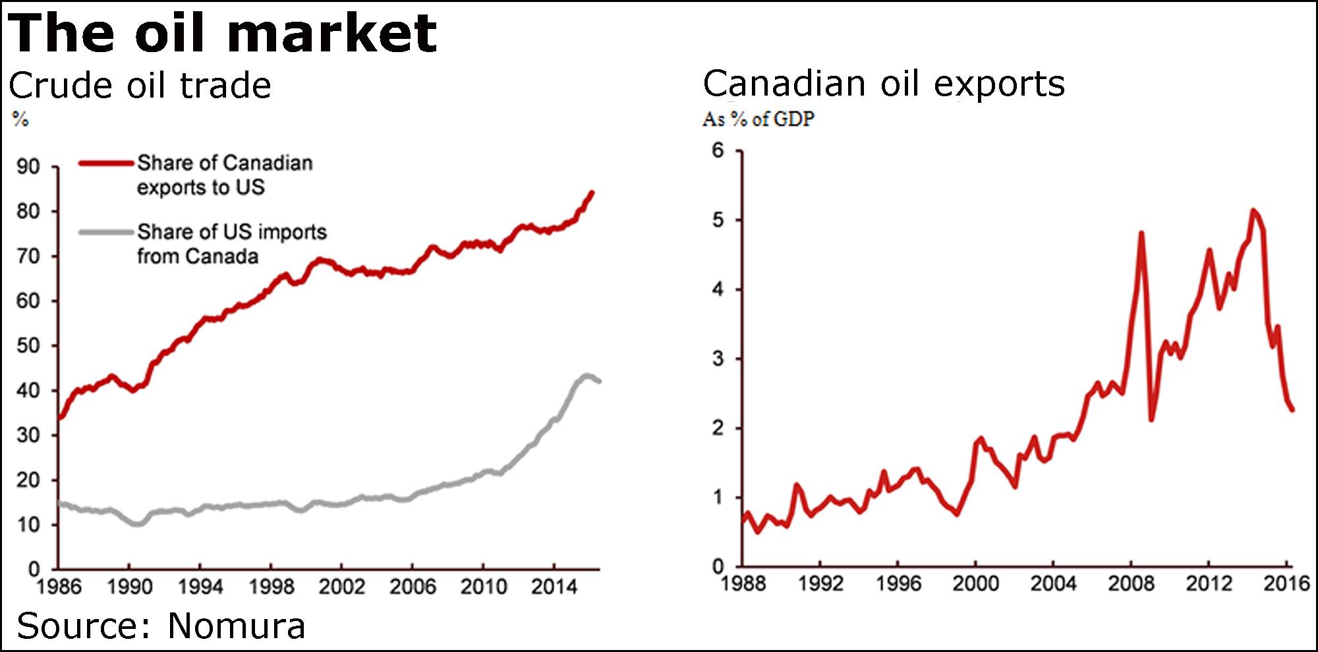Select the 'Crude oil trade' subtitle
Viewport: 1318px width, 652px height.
point(140,86)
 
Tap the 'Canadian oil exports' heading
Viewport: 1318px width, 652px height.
point(884,84)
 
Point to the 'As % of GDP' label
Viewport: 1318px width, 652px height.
point(758,119)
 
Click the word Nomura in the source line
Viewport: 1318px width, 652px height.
point(237,626)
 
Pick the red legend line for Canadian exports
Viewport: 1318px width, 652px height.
point(105,163)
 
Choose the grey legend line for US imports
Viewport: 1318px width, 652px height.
point(105,232)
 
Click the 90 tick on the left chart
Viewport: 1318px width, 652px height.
point(28,167)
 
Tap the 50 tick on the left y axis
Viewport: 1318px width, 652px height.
point(28,346)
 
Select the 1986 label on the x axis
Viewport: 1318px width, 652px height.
point(58,587)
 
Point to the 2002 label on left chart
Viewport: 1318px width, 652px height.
point(341,587)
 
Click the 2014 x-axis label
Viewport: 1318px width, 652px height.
point(554,587)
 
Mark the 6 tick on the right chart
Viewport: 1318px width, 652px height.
point(718,151)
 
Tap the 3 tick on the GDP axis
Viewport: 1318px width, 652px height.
point(718,359)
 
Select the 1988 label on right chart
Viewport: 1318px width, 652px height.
point(743,583)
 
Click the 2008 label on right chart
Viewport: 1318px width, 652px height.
point(1131,583)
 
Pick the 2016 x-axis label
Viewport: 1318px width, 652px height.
point(1286,583)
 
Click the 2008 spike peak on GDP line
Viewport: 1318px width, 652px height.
point(1141,233)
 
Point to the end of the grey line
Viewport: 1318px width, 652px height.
point(599,381)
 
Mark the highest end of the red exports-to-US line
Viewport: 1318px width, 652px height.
point(592,193)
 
